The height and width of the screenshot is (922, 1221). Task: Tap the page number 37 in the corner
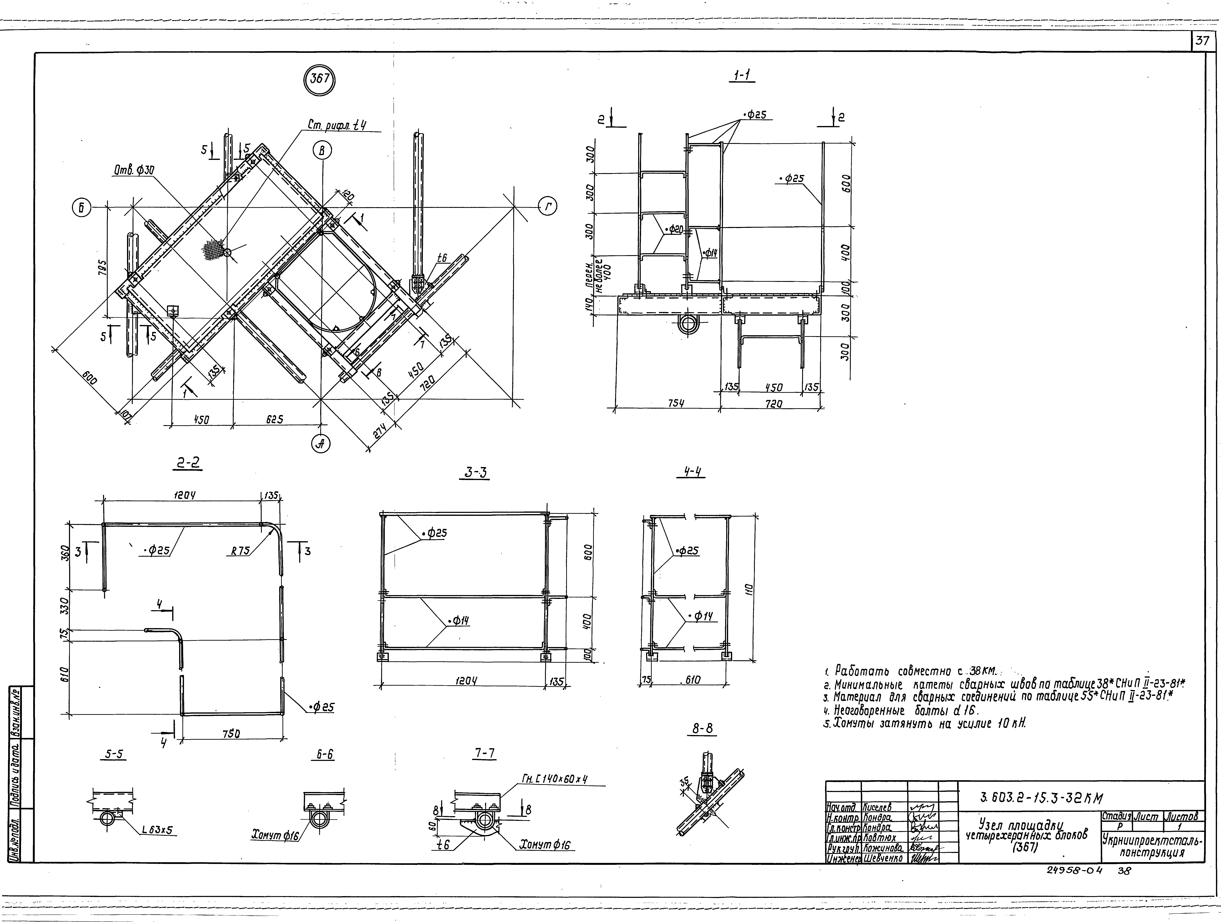pyautogui.click(x=1203, y=41)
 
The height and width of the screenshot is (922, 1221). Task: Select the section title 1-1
pyautogui.click(x=744, y=76)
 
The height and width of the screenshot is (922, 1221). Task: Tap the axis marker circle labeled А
pyautogui.click(x=321, y=443)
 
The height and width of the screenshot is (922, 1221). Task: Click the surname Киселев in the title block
pyautogui.click(x=877, y=808)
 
